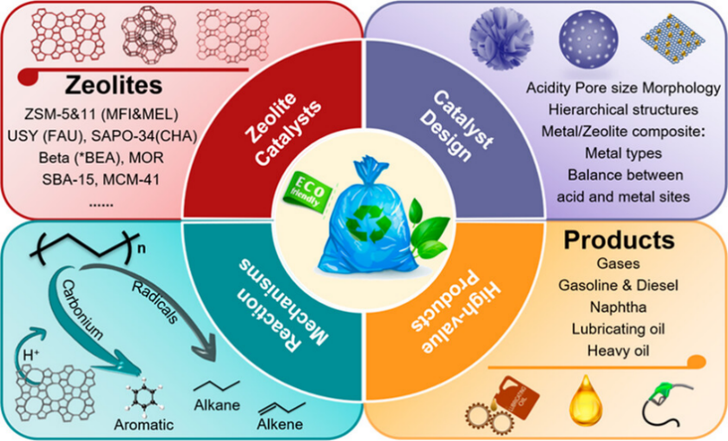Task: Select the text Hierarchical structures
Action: tap(623, 110)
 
